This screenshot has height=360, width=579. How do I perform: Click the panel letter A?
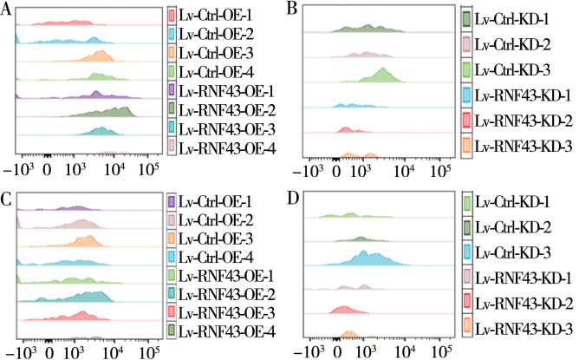8,14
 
